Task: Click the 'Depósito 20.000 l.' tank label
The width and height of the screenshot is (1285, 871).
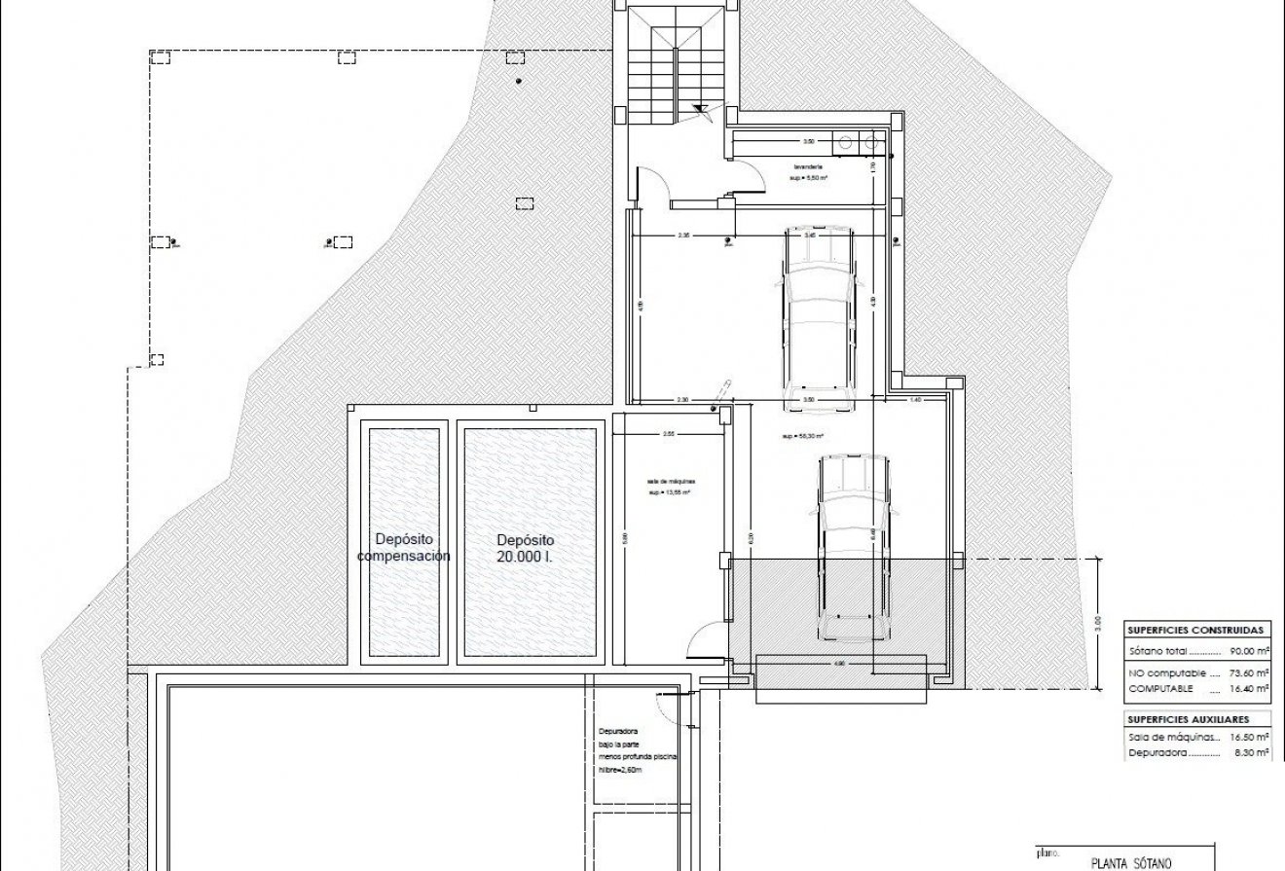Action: (525, 548)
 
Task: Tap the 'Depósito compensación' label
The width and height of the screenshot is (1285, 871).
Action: (403, 548)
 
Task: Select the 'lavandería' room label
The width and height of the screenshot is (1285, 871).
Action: (807, 166)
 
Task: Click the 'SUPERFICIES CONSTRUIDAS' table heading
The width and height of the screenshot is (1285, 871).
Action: (1194, 630)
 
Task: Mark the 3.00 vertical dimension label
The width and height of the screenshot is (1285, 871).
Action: (1098, 620)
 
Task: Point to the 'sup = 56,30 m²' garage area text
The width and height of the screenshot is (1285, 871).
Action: (803, 437)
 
